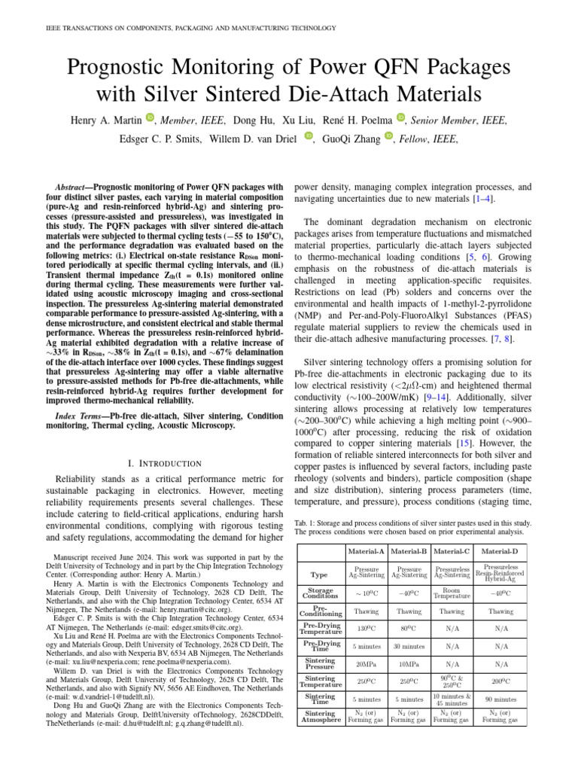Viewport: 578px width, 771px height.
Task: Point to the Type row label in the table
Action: [x=320, y=574]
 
